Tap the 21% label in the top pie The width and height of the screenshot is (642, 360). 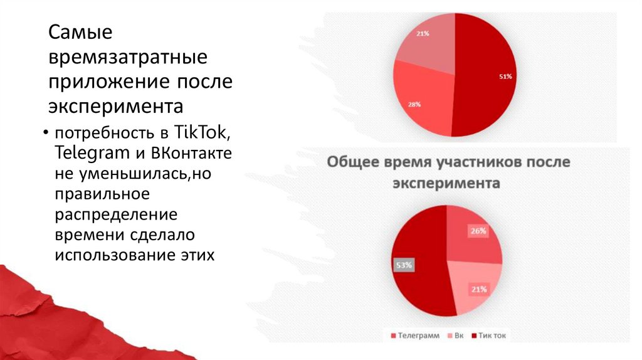[x=422, y=33]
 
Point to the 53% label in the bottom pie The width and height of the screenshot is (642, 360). [x=403, y=265]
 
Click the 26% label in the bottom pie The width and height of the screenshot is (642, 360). [x=478, y=231]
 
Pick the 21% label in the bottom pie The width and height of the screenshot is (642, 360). [x=478, y=289]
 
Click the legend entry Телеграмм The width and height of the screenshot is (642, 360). [x=417, y=336]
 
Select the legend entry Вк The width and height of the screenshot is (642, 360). [x=459, y=336]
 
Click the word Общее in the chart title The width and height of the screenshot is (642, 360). [x=352, y=162]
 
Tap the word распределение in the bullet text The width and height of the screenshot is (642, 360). [x=116, y=214]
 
